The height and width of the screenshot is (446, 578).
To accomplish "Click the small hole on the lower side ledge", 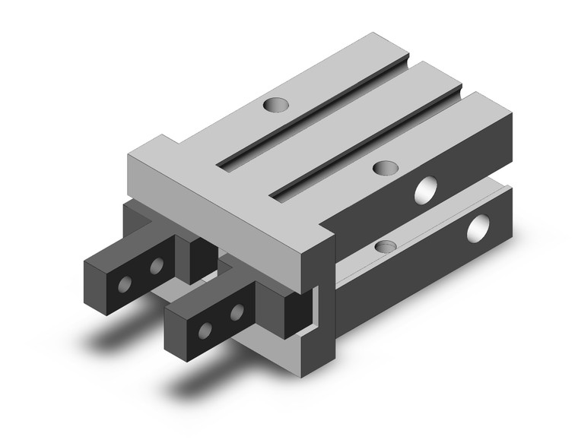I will [387, 246].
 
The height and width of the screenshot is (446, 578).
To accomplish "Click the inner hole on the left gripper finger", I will [157, 265].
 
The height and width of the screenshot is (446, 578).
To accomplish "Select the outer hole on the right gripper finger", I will [205, 328].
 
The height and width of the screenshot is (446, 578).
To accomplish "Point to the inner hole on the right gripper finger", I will [238, 310].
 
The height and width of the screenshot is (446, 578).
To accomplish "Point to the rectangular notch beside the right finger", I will [310, 308].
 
